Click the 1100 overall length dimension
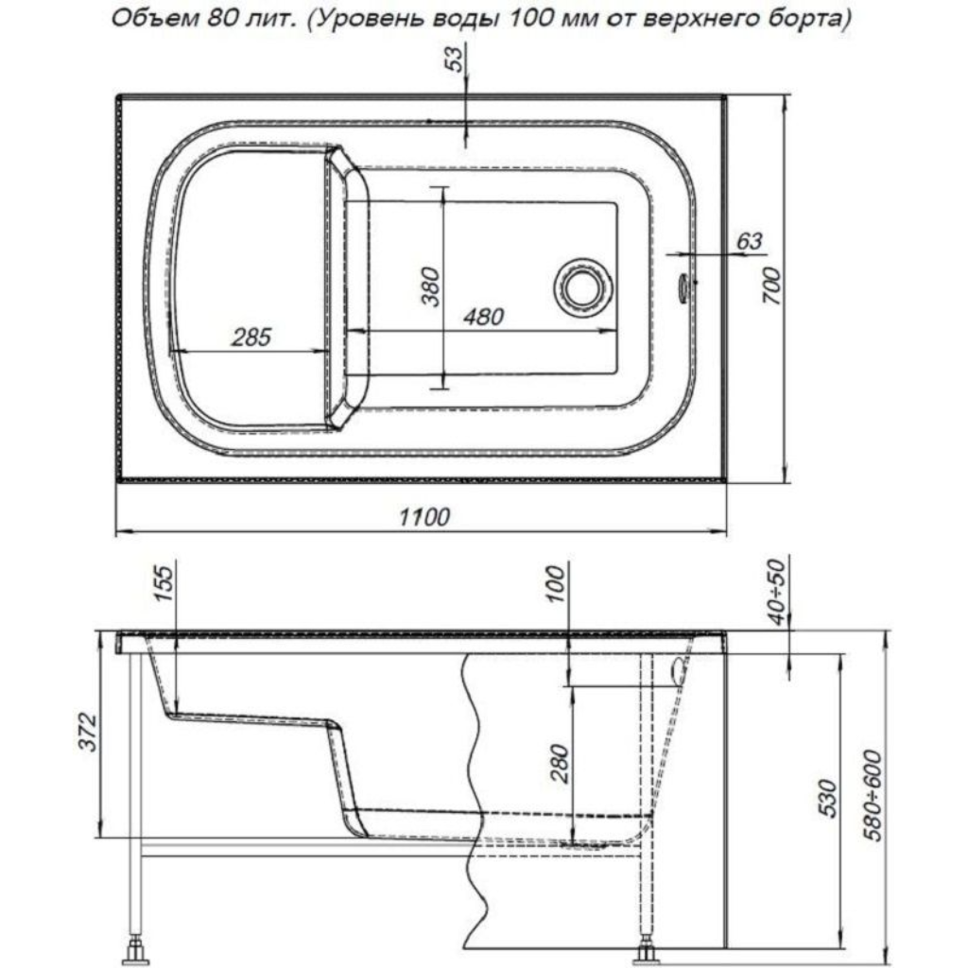(424, 516)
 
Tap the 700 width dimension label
(771, 286)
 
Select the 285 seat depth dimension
(251, 337)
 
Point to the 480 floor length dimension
(483, 317)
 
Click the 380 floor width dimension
(430, 287)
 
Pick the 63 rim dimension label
(749, 241)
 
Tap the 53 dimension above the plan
(455, 60)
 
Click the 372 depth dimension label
(88, 733)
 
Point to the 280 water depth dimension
(560, 764)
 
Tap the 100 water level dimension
(556, 583)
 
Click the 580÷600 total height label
(873, 796)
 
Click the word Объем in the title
(150, 19)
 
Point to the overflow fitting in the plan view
(684, 286)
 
